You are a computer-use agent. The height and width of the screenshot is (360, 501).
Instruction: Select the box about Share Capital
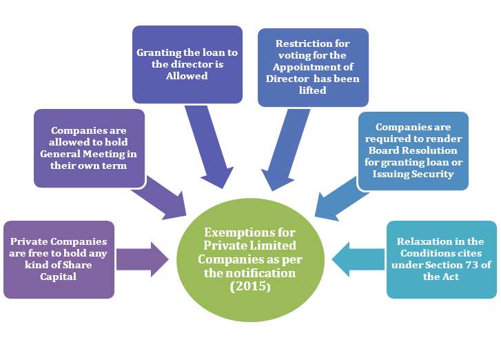(x=59, y=259)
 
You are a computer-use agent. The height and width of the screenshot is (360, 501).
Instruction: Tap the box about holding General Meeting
(x=89, y=148)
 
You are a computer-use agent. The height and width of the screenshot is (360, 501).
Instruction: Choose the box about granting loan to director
(x=187, y=64)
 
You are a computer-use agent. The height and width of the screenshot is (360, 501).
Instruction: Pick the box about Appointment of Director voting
(x=313, y=67)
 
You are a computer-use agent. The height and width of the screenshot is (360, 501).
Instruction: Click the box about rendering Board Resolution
(x=413, y=150)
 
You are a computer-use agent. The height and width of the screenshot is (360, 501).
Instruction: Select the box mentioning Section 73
(x=441, y=259)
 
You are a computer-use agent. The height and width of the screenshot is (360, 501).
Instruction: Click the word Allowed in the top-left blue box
(x=187, y=76)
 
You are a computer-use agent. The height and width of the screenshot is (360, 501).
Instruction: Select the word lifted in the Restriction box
(x=313, y=90)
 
